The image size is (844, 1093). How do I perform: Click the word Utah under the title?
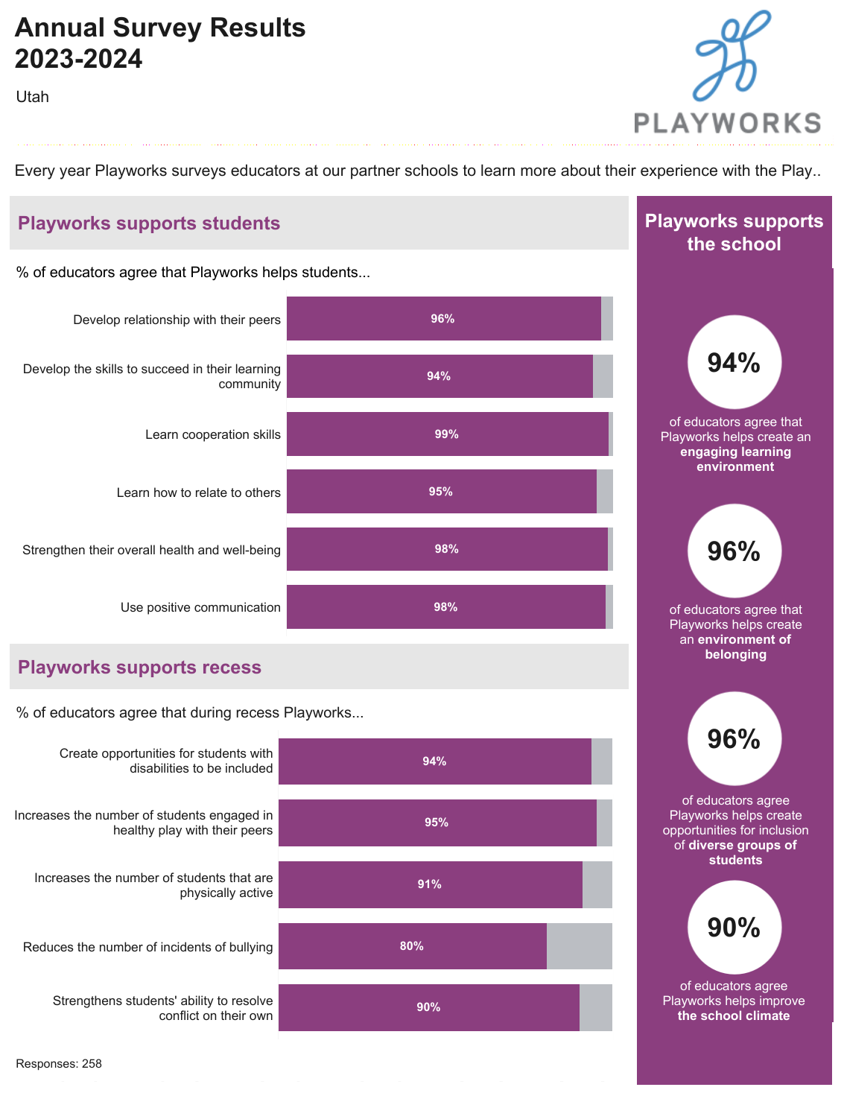coord(33,97)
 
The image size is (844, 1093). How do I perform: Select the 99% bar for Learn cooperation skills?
coord(447,434)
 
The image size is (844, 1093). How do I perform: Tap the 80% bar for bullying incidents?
coord(412,946)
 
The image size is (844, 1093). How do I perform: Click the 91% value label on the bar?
coord(429,884)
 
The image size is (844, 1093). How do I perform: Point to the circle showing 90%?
coord(734,928)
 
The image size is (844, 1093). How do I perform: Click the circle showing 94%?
coord(734,363)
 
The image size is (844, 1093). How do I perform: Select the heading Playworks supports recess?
coord(139,667)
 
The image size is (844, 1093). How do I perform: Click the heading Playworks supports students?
coord(149,224)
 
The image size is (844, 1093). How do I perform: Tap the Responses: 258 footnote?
coord(59,1064)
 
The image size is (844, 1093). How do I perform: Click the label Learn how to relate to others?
coord(199,492)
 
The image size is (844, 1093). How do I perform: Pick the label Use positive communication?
coord(200,607)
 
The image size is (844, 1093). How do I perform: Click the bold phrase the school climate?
coord(734,1016)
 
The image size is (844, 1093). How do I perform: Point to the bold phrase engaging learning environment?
coord(735,459)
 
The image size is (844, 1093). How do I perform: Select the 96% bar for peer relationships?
coord(443,319)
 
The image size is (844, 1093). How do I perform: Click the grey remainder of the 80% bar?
coord(580,946)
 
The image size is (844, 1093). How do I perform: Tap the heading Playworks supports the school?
coord(734,232)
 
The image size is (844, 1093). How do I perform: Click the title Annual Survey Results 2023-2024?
coord(160,42)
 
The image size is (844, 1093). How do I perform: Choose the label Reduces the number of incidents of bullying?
coord(148,947)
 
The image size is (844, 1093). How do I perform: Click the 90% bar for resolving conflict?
coord(428,1007)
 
